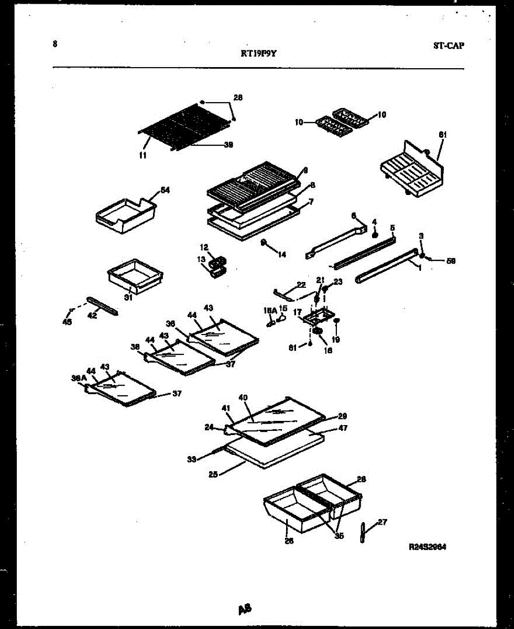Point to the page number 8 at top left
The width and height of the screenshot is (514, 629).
click(54, 45)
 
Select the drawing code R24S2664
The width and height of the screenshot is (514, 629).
click(428, 547)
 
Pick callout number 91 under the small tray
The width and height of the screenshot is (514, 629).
click(126, 297)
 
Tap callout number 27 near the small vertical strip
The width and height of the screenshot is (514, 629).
click(382, 522)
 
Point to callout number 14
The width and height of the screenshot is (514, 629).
click(282, 255)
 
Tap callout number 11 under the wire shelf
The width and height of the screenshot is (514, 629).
click(143, 155)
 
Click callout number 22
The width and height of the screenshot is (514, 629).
click(301, 285)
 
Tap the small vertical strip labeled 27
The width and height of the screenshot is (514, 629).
click(363, 533)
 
